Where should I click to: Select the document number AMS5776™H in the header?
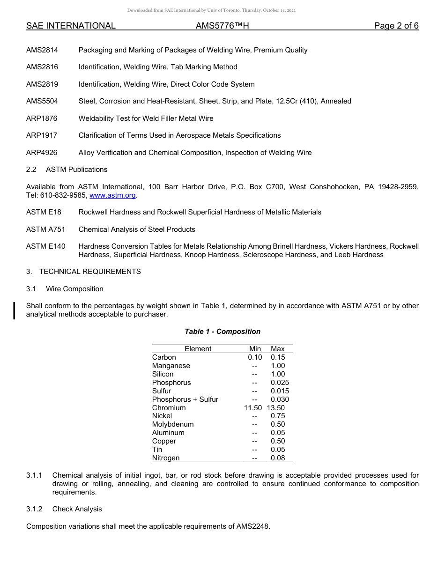pyautogui.click(x=222, y=26)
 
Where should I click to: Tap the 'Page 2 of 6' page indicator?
pyautogui.click(x=396, y=26)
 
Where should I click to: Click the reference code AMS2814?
pyautogui.click(x=42, y=50)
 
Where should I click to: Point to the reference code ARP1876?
pyautogui.click(x=42, y=118)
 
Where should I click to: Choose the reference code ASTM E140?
pyautogui.click(x=46, y=246)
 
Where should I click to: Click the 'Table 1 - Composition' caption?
pyautogui.click(x=222, y=332)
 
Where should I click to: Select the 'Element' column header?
pyautogui.click(x=198, y=349)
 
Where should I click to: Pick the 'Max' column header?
pyautogui.click(x=278, y=349)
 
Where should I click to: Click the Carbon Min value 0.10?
pyautogui.click(x=255, y=357)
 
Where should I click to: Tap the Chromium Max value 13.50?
pyautogui.click(x=276, y=408)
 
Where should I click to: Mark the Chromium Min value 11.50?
pyautogui.click(x=253, y=408)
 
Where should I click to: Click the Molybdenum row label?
pyautogui.click(x=173, y=424)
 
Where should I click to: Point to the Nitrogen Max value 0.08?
pyautogui.click(x=278, y=458)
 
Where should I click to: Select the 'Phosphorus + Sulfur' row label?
pyautogui.click(x=185, y=399)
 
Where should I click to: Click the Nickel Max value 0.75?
pyautogui.click(x=278, y=416)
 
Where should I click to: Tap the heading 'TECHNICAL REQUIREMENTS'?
pyautogui.click(x=90, y=272)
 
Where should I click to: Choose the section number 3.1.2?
pyautogui.click(x=34, y=509)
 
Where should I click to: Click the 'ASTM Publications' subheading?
pyautogui.click(x=76, y=170)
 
